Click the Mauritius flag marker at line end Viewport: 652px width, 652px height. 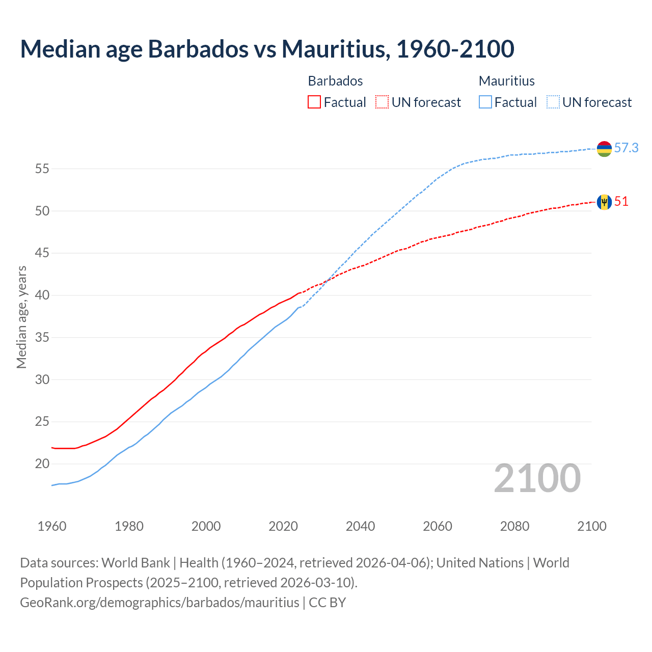tap(604, 149)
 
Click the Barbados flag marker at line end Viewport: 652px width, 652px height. tap(604, 202)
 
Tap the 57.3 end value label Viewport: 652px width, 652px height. tap(626, 148)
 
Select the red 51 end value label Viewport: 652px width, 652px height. tap(621, 202)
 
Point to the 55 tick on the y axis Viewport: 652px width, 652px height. tap(42, 169)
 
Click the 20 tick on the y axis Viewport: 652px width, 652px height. tap(42, 464)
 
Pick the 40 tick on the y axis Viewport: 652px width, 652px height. tap(42, 295)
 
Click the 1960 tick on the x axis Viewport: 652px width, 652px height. tap(52, 526)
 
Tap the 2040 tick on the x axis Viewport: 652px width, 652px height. tap(360, 526)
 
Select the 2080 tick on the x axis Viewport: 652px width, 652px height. tap(514, 526)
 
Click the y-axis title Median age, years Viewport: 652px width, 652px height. tap(21, 317)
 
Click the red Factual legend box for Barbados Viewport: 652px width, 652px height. tap(314, 102)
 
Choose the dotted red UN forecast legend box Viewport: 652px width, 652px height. tap(382, 102)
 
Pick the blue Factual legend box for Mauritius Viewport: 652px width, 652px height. tap(485, 102)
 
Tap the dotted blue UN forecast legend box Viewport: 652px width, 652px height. tap(553, 102)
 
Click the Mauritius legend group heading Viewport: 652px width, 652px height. tap(506, 81)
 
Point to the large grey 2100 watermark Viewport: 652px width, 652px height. tap(537, 478)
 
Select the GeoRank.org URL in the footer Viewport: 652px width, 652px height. tap(159, 602)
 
